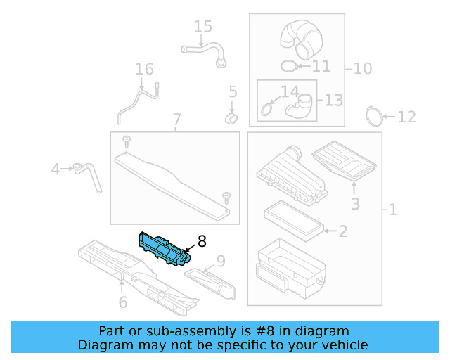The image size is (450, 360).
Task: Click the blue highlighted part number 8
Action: tap(163, 249)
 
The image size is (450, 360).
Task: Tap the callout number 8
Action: tap(202, 242)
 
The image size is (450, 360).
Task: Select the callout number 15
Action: tap(202, 27)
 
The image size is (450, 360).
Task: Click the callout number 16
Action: tap(144, 70)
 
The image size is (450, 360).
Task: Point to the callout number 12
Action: tap(406, 117)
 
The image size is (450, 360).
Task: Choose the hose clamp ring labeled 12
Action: tap(376, 113)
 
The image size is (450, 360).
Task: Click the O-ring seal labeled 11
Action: tap(288, 66)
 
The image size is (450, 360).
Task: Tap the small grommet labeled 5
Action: tap(231, 115)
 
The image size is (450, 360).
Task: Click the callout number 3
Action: tap(356, 204)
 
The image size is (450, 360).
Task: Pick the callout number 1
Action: tap(392, 210)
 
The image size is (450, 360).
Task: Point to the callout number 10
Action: tap(362, 68)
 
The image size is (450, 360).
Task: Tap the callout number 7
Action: tap(176, 120)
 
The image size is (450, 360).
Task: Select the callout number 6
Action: tap(122, 302)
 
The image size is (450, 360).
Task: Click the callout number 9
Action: tap(220, 262)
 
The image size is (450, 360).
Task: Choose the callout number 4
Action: tap(56, 169)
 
